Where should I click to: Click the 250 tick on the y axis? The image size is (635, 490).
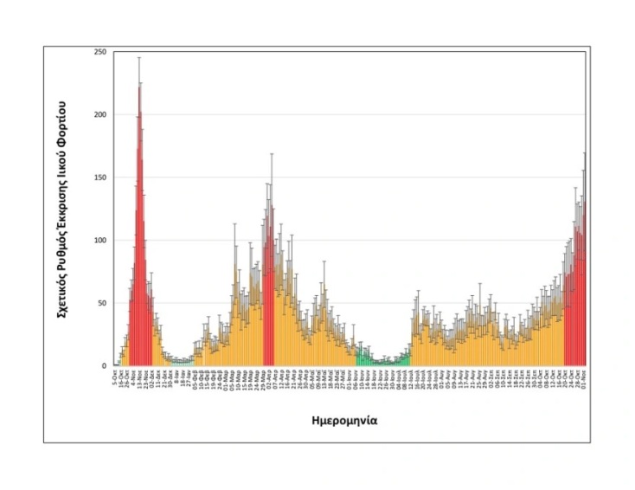100,52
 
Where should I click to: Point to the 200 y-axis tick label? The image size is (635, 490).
100,115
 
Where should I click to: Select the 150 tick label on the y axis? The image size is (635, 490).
100,177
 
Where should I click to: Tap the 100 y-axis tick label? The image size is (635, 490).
100,240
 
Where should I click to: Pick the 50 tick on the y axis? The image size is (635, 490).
102,303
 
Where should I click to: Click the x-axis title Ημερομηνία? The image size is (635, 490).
343,421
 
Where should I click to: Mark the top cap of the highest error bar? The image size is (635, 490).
139,57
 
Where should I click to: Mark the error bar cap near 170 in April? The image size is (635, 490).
272,153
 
